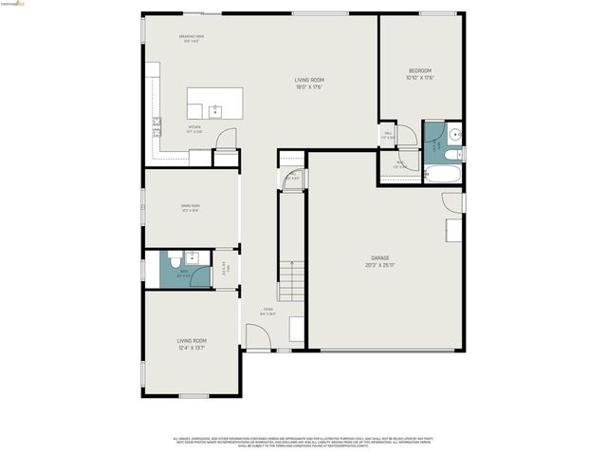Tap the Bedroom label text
pyautogui.click(x=420, y=74)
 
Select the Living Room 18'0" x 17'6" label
pyautogui.click(x=309, y=84)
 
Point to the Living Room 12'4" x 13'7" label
pyautogui.click(x=191, y=344)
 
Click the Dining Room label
pyautogui.click(x=191, y=208)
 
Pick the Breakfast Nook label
pyautogui.click(x=193, y=39)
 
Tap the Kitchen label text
pyautogui.click(x=194, y=128)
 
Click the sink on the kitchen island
pyautogui.click(x=215, y=111)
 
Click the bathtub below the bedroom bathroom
pyautogui.click(x=441, y=174)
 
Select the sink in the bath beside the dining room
pyautogui.click(x=193, y=256)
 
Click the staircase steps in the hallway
pyautogui.click(x=291, y=282)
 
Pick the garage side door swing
pyautogui.click(x=453, y=202)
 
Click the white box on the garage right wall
pyautogui.click(x=454, y=231)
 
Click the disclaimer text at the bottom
pyautogui.click(x=303, y=442)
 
